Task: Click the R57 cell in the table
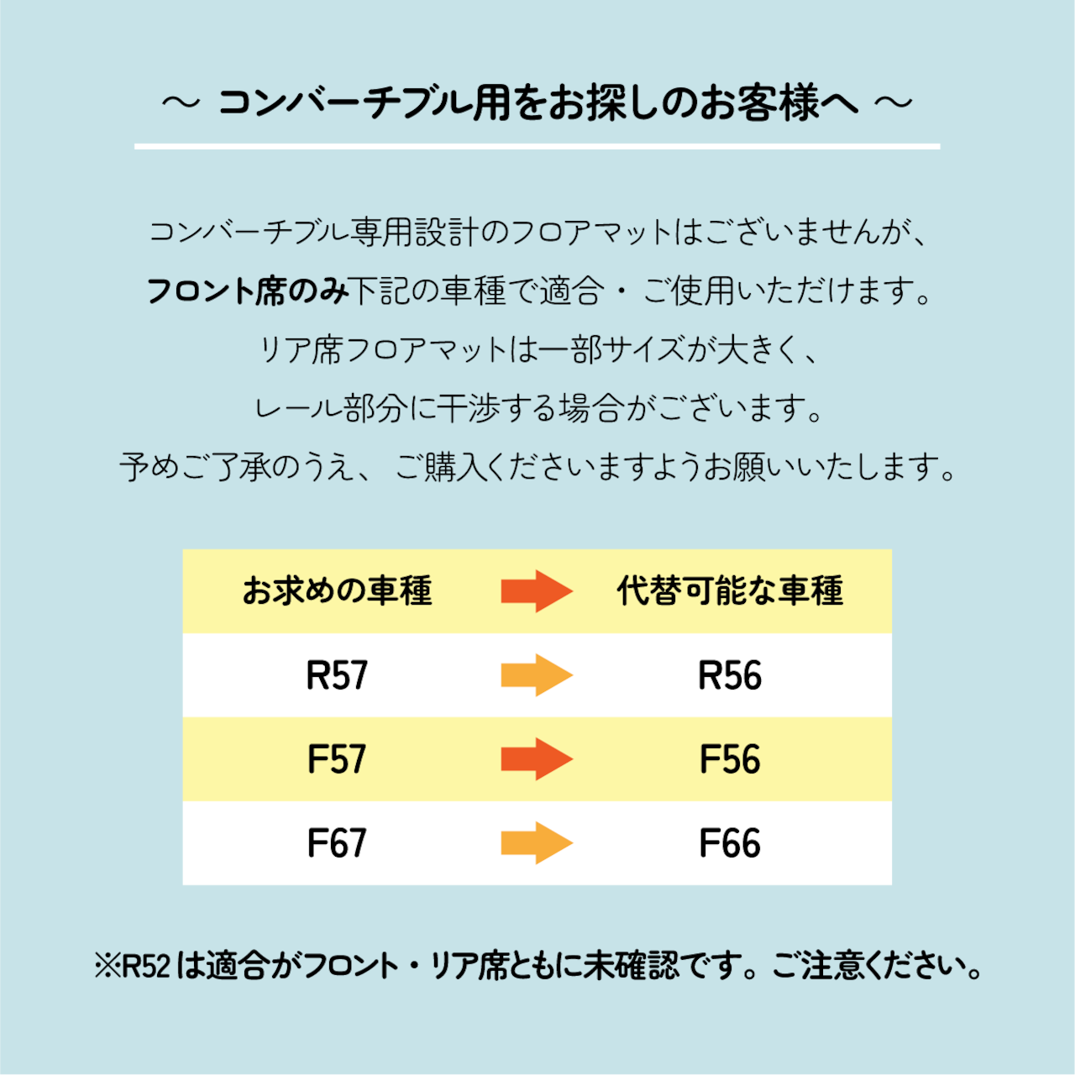pos(337,675)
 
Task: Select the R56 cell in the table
pos(730,675)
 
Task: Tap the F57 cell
pos(337,758)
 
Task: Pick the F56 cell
pos(730,758)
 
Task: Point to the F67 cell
pos(337,842)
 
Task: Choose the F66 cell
pos(730,842)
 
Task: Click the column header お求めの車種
pos(337,590)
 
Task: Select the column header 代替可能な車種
pos(730,590)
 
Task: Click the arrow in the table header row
pos(537,591)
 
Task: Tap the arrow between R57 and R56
pos(537,675)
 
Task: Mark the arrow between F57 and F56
pos(537,758)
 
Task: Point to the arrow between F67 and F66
pos(537,842)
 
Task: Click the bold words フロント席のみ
pos(249,291)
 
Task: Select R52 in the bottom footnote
pos(147,966)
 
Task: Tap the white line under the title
pos(537,147)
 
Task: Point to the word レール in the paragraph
pos(298,408)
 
